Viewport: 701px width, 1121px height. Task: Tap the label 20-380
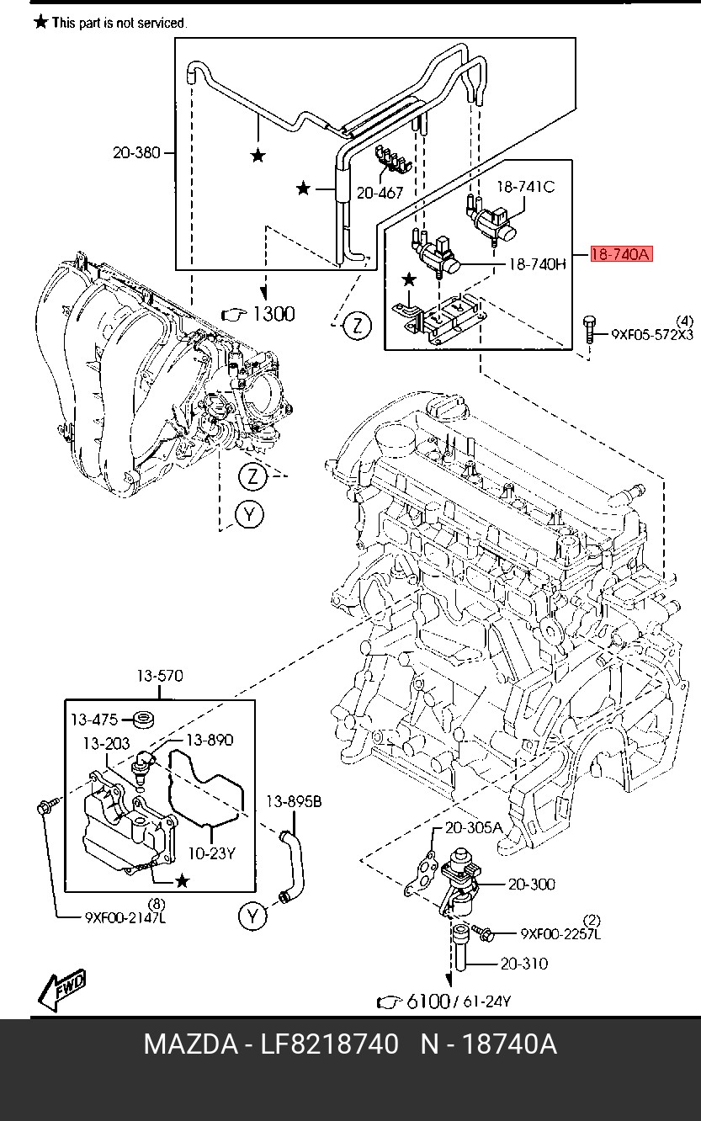tap(135, 153)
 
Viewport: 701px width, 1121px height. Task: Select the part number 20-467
tap(380, 193)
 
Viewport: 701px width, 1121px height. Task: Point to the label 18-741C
tap(526, 187)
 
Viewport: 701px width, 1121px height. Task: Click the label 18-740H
tap(538, 264)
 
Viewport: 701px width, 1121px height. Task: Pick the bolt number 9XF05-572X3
tap(652, 334)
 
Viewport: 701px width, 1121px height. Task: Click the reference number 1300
tap(274, 314)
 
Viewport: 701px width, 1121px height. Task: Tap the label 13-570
tap(160, 676)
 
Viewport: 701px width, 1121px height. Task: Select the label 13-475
tap(94, 720)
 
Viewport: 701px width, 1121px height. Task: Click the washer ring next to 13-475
tap(146, 720)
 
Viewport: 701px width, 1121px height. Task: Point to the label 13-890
tap(210, 741)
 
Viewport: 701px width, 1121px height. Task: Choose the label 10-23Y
tap(211, 853)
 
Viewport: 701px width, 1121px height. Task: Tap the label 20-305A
tap(474, 828)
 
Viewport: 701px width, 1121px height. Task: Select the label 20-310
tap(523, 964)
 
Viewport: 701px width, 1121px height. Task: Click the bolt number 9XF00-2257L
tap(560, 933)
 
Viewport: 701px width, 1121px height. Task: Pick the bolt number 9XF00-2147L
tap(126, 917)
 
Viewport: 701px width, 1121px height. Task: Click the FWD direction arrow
tap(63, 992)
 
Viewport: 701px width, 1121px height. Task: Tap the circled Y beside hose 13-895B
tap(252, 916)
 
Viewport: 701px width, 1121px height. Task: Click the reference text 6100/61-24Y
tap(459, 1001)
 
